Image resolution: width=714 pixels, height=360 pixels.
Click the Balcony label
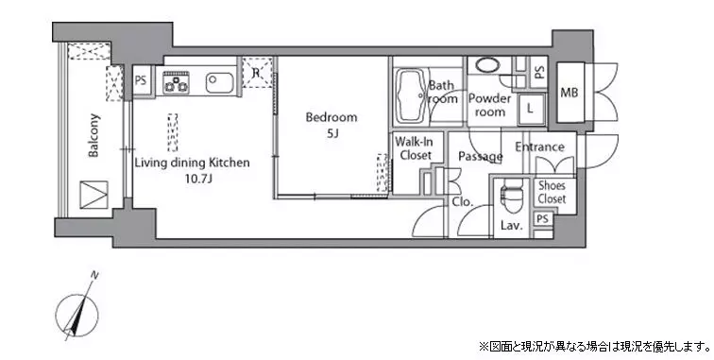(93, 135)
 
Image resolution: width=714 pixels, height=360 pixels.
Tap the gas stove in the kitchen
(177, 82)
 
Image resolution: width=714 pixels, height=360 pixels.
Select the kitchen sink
(219, 82)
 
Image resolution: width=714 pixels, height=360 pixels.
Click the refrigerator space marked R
(256, 72)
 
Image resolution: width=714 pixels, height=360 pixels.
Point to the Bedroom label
(331, 117)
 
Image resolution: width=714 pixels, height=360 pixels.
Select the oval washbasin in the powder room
(487, 64)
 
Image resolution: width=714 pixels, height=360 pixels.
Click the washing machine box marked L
(531, 109)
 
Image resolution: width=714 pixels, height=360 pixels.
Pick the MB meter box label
(569, 93)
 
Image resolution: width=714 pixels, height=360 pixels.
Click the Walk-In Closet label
(416, 148)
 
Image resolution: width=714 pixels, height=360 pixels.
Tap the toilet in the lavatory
(512, 197)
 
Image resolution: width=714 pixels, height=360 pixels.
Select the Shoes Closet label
(552, 193)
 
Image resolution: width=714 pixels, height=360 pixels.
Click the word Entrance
(539, 146)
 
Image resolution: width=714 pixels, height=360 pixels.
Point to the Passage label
(481, 157)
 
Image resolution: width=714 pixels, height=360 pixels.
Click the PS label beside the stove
(141, 80)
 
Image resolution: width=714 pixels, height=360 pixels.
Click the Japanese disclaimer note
(594, 347)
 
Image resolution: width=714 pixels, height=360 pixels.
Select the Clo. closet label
(463, 202)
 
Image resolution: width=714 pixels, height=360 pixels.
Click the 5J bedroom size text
(331, 134)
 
